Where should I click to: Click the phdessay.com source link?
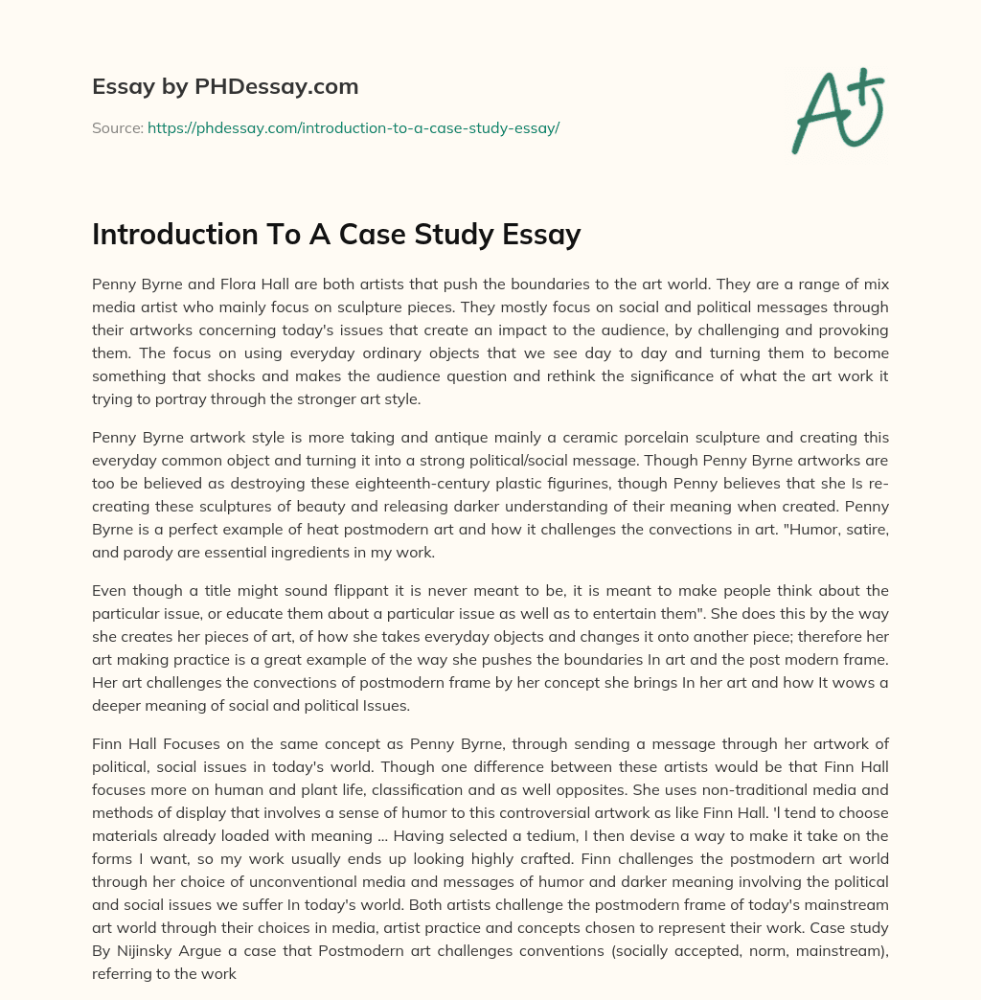[354, 127]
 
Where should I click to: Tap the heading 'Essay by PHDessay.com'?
[225, 87]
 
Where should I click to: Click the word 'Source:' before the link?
[117, 127]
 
